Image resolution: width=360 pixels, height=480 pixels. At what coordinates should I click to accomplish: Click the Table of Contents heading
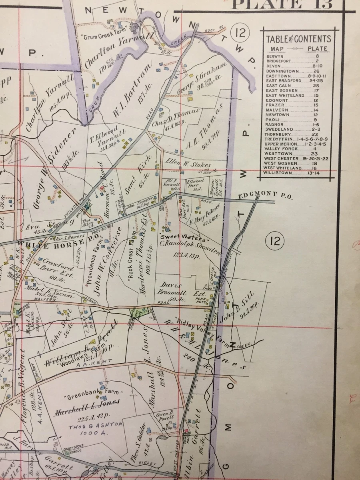click(x=299, y=39)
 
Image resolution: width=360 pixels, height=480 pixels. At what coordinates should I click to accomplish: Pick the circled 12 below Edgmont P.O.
click(x=276, y=241)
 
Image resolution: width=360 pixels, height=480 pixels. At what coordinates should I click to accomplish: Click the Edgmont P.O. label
click(x=266, y=195)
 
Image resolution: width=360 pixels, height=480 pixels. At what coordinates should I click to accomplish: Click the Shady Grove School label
click(x=72, y=450)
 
